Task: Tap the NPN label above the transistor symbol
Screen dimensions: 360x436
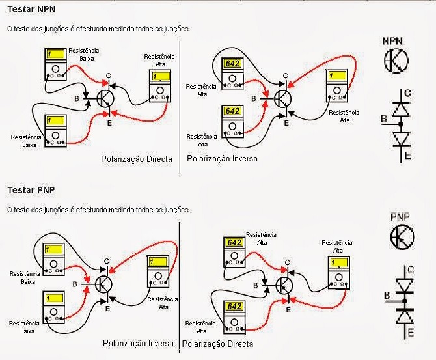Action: [392, 41]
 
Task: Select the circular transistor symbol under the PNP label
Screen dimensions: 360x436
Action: [402, 237]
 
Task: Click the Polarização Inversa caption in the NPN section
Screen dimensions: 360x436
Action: [222, 158]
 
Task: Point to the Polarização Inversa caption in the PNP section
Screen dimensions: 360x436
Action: [138, 342]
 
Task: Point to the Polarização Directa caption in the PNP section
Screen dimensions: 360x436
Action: [217, 343]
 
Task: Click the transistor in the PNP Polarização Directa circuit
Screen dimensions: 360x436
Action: [284, 286]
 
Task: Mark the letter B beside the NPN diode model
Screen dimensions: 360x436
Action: [384, 119]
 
